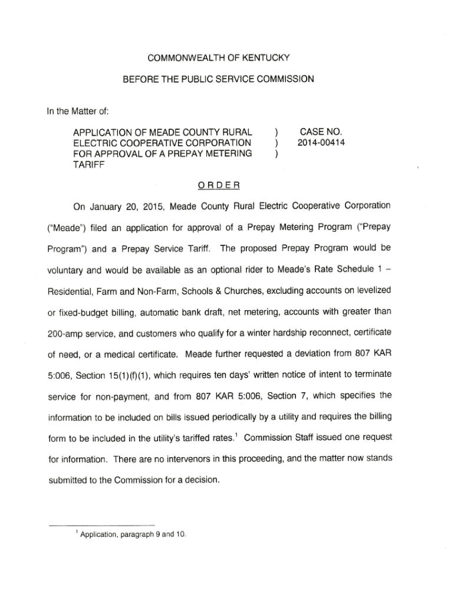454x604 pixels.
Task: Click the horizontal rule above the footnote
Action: click(x=101, y=524)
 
